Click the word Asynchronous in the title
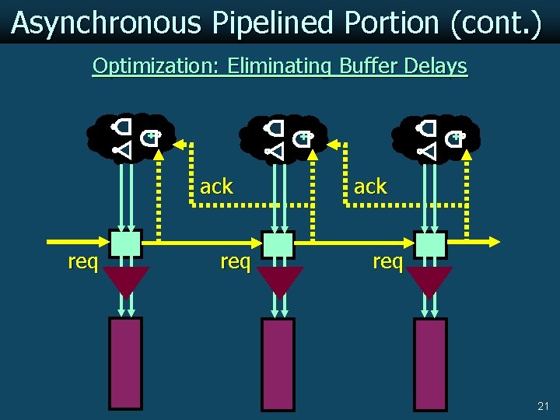point(106,23)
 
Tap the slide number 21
point(543,406)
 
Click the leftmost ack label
point(216,187)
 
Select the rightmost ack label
point(370,187)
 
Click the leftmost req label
point(82,262)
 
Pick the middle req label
point(235,262)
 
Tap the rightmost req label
point(387,262)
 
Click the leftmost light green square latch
point(125,244)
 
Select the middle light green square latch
point(278,244)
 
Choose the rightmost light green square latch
point(430,244)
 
